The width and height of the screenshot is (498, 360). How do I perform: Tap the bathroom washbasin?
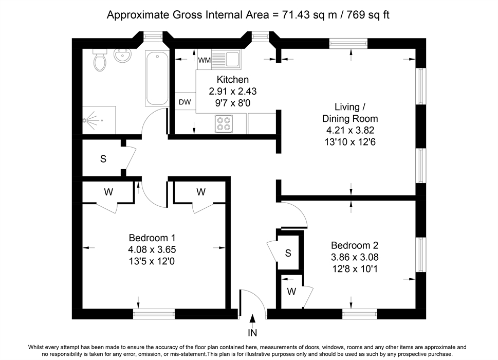coord(122,56)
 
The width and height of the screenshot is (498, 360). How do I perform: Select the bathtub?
coord(157,78)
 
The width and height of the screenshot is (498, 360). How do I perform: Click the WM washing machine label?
coord(204,60)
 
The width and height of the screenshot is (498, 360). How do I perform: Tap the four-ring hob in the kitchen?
coord(224,124)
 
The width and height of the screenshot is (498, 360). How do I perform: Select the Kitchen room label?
coord(232,79)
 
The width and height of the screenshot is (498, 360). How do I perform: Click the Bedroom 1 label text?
coord(152,238)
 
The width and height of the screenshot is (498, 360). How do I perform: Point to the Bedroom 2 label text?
coord(355,245)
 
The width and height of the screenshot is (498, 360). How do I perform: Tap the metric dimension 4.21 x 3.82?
coord(351,130)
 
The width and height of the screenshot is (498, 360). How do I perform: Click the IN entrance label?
coord(252,333)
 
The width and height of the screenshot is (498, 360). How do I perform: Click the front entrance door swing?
coord(252,302)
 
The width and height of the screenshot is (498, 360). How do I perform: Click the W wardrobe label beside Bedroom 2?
coord(291,292)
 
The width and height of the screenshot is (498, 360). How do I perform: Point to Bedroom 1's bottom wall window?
coord(154,314)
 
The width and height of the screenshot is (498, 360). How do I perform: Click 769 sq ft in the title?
coord(368,14)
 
